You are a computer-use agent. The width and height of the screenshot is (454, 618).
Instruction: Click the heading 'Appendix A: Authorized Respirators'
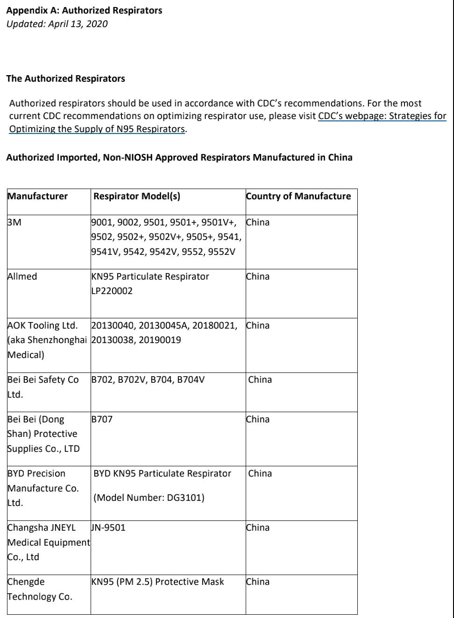click(84, 10)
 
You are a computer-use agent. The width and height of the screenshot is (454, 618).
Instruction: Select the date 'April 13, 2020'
click(78, 24)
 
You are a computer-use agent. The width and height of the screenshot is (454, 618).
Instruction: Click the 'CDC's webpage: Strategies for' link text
click(382, 116)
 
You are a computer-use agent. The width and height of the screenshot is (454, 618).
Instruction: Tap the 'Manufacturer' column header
click(38, 196)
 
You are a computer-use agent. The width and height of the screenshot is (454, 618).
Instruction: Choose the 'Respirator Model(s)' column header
click(137, 196)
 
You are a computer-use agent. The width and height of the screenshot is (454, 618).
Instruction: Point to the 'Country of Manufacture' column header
click(298, 196)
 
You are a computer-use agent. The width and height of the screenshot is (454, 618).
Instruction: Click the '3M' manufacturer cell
click(14, 222)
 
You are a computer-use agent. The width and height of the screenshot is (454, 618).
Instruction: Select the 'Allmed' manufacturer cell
click(22, 276)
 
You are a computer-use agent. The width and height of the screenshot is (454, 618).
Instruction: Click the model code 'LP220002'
click(112, 291)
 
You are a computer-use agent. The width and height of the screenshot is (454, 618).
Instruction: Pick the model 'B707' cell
click(102, 419)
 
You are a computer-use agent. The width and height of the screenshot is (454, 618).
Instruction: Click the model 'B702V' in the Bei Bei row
click(131, 379)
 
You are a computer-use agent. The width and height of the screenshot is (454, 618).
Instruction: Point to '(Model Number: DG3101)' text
click(149, 498)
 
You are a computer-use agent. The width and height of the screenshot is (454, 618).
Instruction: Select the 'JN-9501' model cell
click(108, 527)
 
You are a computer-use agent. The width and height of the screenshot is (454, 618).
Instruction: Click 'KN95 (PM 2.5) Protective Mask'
click(158, 582)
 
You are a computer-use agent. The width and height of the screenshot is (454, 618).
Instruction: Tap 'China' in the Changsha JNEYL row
click(258, 527)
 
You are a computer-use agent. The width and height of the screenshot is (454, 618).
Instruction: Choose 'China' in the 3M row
click(258, 222)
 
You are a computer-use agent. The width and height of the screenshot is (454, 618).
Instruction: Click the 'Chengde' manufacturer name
click(26, 582)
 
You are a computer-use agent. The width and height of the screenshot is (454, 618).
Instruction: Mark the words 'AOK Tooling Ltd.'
click(43, 325)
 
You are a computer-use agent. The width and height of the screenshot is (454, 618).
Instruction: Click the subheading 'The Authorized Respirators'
click(65, 78)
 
